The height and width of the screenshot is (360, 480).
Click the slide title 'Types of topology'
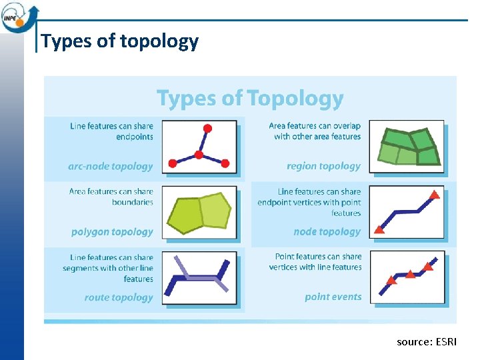click(x=120, y=41)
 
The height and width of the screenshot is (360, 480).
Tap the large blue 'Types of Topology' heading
click(x=250, y=99)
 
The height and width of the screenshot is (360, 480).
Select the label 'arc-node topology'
click(x=111, y=166)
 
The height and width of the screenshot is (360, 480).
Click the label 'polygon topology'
click(x=112, y=232)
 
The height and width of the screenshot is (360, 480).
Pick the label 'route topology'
click(x=119, y=297)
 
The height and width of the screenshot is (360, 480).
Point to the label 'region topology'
click(x=323, y=166)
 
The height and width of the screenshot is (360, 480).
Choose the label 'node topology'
click(x=327, y=232)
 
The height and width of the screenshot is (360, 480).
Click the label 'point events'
click(x=333, y=297)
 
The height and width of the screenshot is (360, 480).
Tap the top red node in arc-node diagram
click(x=207, y=128)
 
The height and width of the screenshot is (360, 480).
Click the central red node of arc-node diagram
click(x=199, y=155)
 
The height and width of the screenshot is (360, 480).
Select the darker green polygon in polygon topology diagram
click(x=184, y=215)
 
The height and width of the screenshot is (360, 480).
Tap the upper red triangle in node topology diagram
click(x=434, y=195)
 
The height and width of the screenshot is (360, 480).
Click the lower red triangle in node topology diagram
click(x=379, y=229)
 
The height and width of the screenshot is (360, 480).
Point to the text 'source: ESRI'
click(x=427, y=342)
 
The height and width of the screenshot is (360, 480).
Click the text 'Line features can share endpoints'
click(x=111, y=131)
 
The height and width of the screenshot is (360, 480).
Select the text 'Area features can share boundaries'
click(x=111, y=197)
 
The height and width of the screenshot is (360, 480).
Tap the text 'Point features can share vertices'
click(x=315, y=261)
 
